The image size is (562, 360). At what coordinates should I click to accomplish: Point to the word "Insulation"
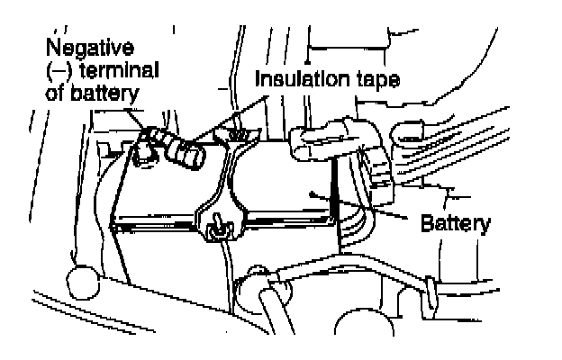[x=301, y=77]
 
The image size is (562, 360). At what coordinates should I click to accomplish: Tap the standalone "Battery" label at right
[x=456, y=223]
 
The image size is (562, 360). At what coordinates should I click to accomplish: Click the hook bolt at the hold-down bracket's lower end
[x=217, y=232]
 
